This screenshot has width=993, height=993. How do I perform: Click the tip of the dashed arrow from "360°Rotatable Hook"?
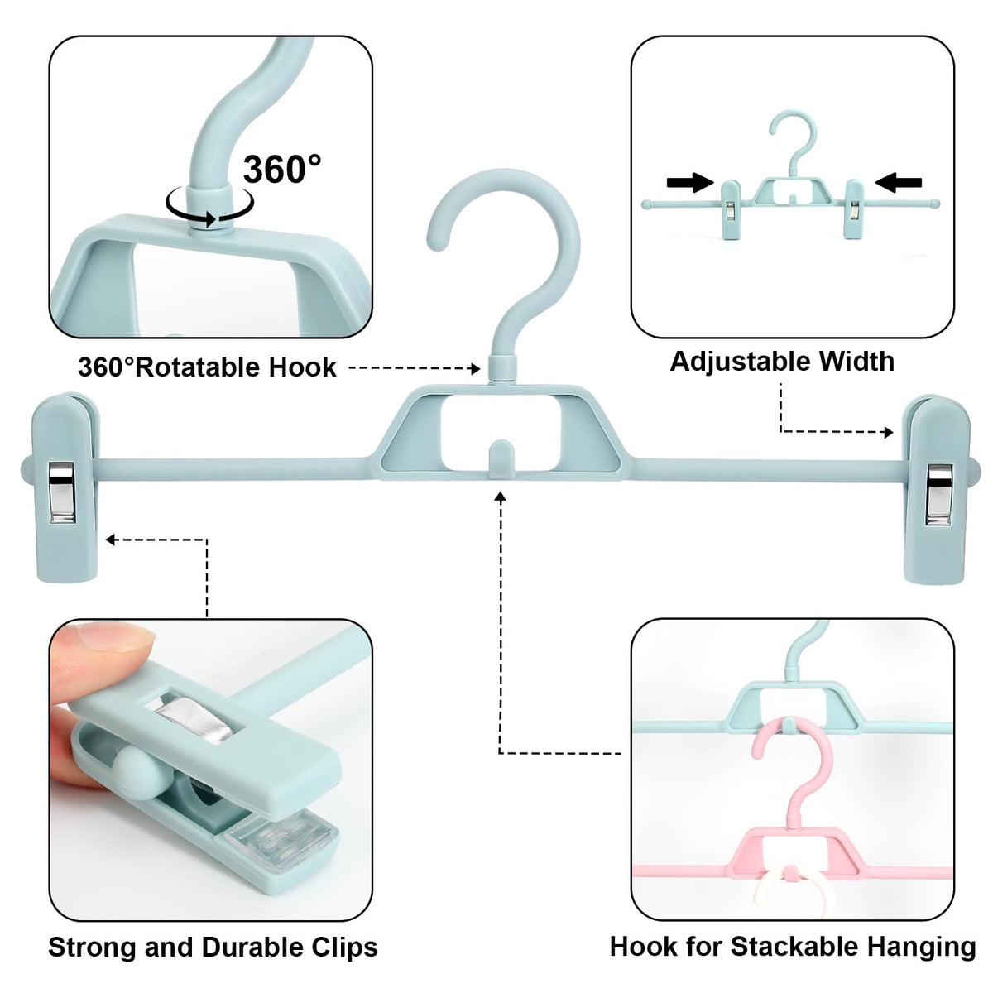point(480,368)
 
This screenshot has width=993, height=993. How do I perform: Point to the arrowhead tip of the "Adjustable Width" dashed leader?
point(893,432)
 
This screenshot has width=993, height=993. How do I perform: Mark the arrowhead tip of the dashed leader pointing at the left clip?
point(106,540)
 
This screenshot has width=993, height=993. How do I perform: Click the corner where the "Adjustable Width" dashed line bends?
point(781,432)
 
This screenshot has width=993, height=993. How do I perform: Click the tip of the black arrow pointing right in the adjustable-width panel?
point(713,182)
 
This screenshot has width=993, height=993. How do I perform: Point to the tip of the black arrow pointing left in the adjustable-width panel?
point(875,182)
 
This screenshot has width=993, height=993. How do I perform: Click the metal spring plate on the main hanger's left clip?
point(62,492)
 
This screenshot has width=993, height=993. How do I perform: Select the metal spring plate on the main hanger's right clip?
point(939,495)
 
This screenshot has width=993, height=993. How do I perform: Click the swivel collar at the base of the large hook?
point(502,367)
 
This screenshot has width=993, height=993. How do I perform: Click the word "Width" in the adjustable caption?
point(856,362)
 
